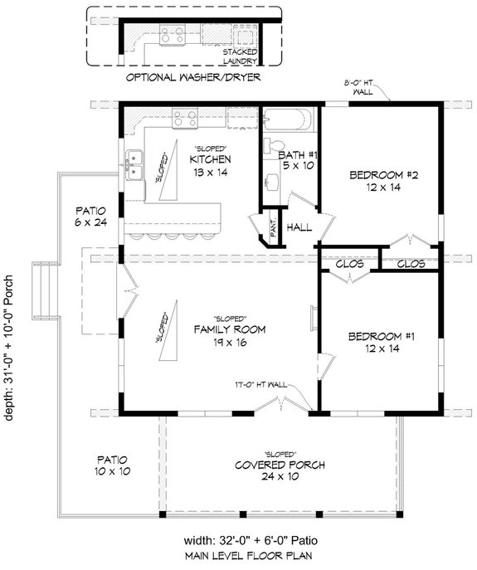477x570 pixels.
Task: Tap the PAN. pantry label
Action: [274, 226]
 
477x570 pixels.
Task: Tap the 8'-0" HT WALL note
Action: [365, 88]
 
